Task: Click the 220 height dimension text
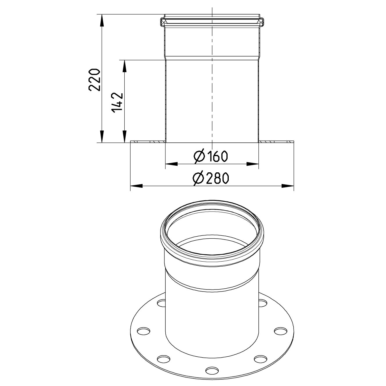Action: click(x=94, y=80)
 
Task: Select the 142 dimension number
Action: click(x=117, y=103)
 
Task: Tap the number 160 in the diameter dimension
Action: click(x=217, y=156)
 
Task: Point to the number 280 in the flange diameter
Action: click(x=217, y=178)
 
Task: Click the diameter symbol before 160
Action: click(x=199, y=156)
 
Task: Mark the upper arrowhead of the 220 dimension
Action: click(x=102, y=20)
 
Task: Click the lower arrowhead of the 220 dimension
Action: click(x=102, y=137)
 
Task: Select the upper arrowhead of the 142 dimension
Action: click(x=124, y=66)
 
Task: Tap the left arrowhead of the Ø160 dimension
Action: click(x=171, y=164)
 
